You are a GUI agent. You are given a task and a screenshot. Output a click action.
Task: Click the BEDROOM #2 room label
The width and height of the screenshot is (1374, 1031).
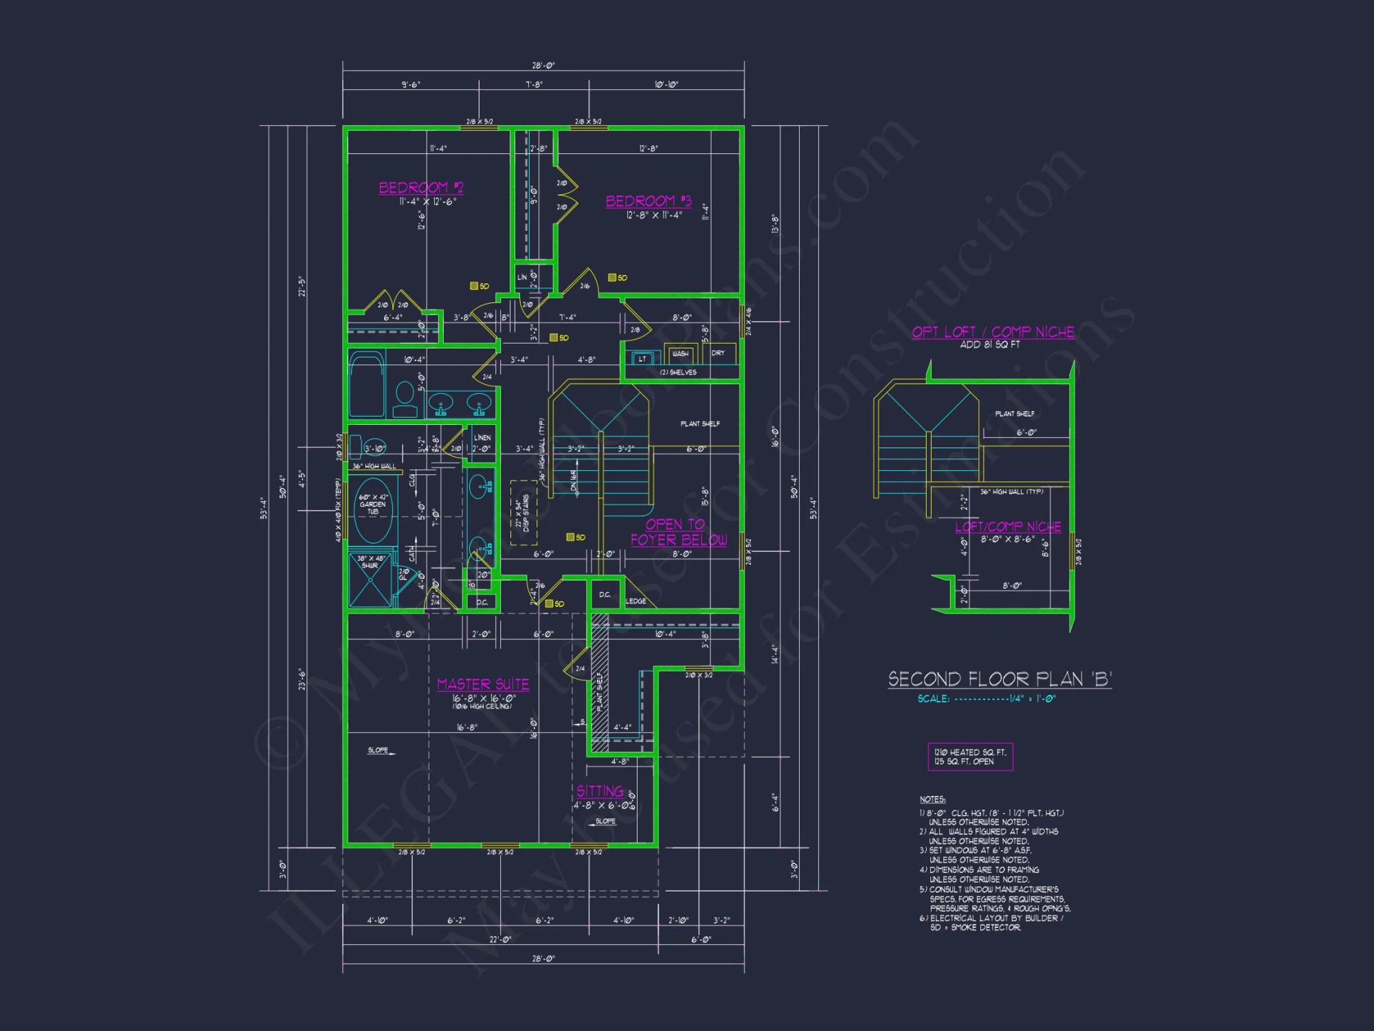coord(421,188)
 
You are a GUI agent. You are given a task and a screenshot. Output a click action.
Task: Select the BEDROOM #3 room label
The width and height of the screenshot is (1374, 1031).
coord(648,201)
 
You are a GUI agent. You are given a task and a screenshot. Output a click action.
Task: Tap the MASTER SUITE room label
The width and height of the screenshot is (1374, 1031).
coord(483,685)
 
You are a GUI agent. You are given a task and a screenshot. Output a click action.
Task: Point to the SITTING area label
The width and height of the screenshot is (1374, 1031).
coord(600,791)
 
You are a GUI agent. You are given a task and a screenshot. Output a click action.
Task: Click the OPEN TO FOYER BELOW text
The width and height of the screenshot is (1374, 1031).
coord(678,533)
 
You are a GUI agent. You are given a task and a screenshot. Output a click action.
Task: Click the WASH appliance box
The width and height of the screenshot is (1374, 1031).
coord(680,354)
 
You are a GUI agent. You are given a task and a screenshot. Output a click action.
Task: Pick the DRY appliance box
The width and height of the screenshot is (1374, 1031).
coord(718,353)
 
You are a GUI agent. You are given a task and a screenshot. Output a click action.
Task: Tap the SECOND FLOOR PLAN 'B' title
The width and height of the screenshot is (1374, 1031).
coord(1000,680)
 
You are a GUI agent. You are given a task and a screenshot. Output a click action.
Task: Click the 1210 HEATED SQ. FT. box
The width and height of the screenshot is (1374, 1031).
coord(970,757)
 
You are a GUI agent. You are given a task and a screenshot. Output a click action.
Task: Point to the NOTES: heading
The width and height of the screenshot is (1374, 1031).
coord(932,799)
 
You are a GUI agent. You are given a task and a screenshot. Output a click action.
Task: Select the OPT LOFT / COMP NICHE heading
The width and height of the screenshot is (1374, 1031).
coord(993,332)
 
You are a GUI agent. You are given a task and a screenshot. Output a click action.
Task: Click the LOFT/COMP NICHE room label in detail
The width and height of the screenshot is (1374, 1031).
coord(1008,526)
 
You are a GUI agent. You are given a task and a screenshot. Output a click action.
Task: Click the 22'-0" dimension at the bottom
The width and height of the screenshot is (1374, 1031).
coord(500,940)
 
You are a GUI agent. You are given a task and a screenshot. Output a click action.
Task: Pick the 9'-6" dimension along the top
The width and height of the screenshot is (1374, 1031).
coord(411,85)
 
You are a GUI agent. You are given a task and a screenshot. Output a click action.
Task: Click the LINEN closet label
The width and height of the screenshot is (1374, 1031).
coord(482,437)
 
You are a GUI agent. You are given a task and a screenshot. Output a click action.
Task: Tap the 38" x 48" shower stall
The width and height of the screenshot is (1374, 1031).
coord(371,581)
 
